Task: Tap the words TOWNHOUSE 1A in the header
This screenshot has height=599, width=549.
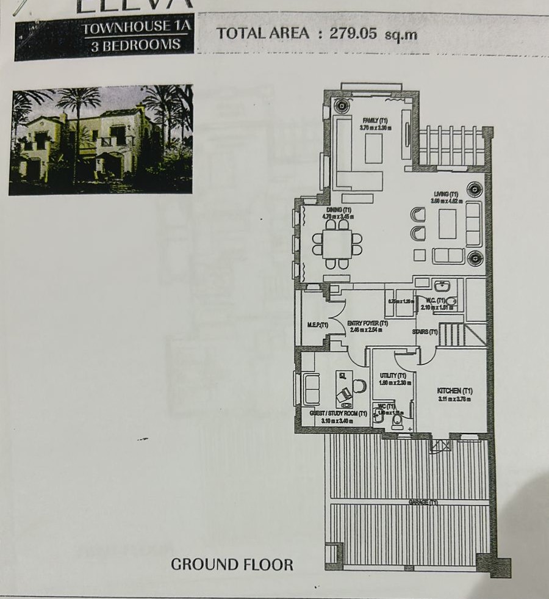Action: pos(135,26)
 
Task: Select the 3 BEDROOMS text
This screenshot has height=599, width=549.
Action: pos(135,45)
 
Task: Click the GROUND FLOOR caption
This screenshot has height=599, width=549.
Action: pos(232,564)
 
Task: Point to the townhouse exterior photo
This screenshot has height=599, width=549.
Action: pos(101,139)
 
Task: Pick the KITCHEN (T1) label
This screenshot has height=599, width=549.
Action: pos(454,391)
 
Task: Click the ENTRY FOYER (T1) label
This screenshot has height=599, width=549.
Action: pos(367,323)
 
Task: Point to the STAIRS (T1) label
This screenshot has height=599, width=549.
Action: pos(425,332)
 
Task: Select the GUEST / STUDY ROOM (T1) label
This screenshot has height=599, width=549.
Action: pos(338,413)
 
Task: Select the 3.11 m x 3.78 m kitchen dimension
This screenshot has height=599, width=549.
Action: pos(454,399)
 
